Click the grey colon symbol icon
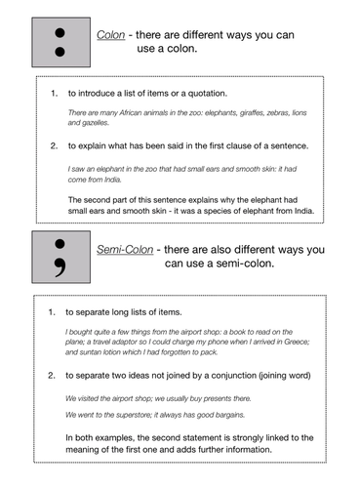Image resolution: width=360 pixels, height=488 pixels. pos(60,40)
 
